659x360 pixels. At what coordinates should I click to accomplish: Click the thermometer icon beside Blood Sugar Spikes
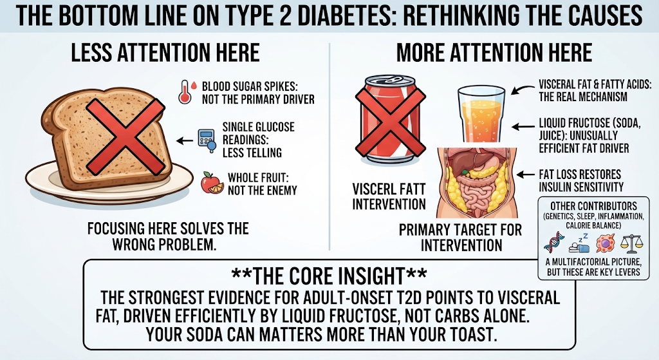click(184, 91)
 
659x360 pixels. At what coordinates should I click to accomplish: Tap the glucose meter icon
click(207, 140)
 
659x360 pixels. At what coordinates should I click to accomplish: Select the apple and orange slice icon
click(212, 182)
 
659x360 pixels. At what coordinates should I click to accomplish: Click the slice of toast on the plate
click(107, 137)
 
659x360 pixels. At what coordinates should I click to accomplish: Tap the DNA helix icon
click(553, 243)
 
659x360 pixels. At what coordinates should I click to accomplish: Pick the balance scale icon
click(631, 243)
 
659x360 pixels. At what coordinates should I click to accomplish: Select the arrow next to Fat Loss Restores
click(526, 175)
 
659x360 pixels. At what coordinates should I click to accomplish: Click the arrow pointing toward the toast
click(185, 141)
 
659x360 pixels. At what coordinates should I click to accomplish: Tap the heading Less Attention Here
click(165, 53)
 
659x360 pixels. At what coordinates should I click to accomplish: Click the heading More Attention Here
click(494, 53)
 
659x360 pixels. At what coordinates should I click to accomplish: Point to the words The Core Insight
click(329, 276)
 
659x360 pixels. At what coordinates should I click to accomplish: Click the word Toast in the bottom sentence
click(474, 334)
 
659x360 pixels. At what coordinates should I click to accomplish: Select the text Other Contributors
click(593, 206)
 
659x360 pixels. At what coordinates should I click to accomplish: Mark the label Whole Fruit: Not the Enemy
click(263, 184)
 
